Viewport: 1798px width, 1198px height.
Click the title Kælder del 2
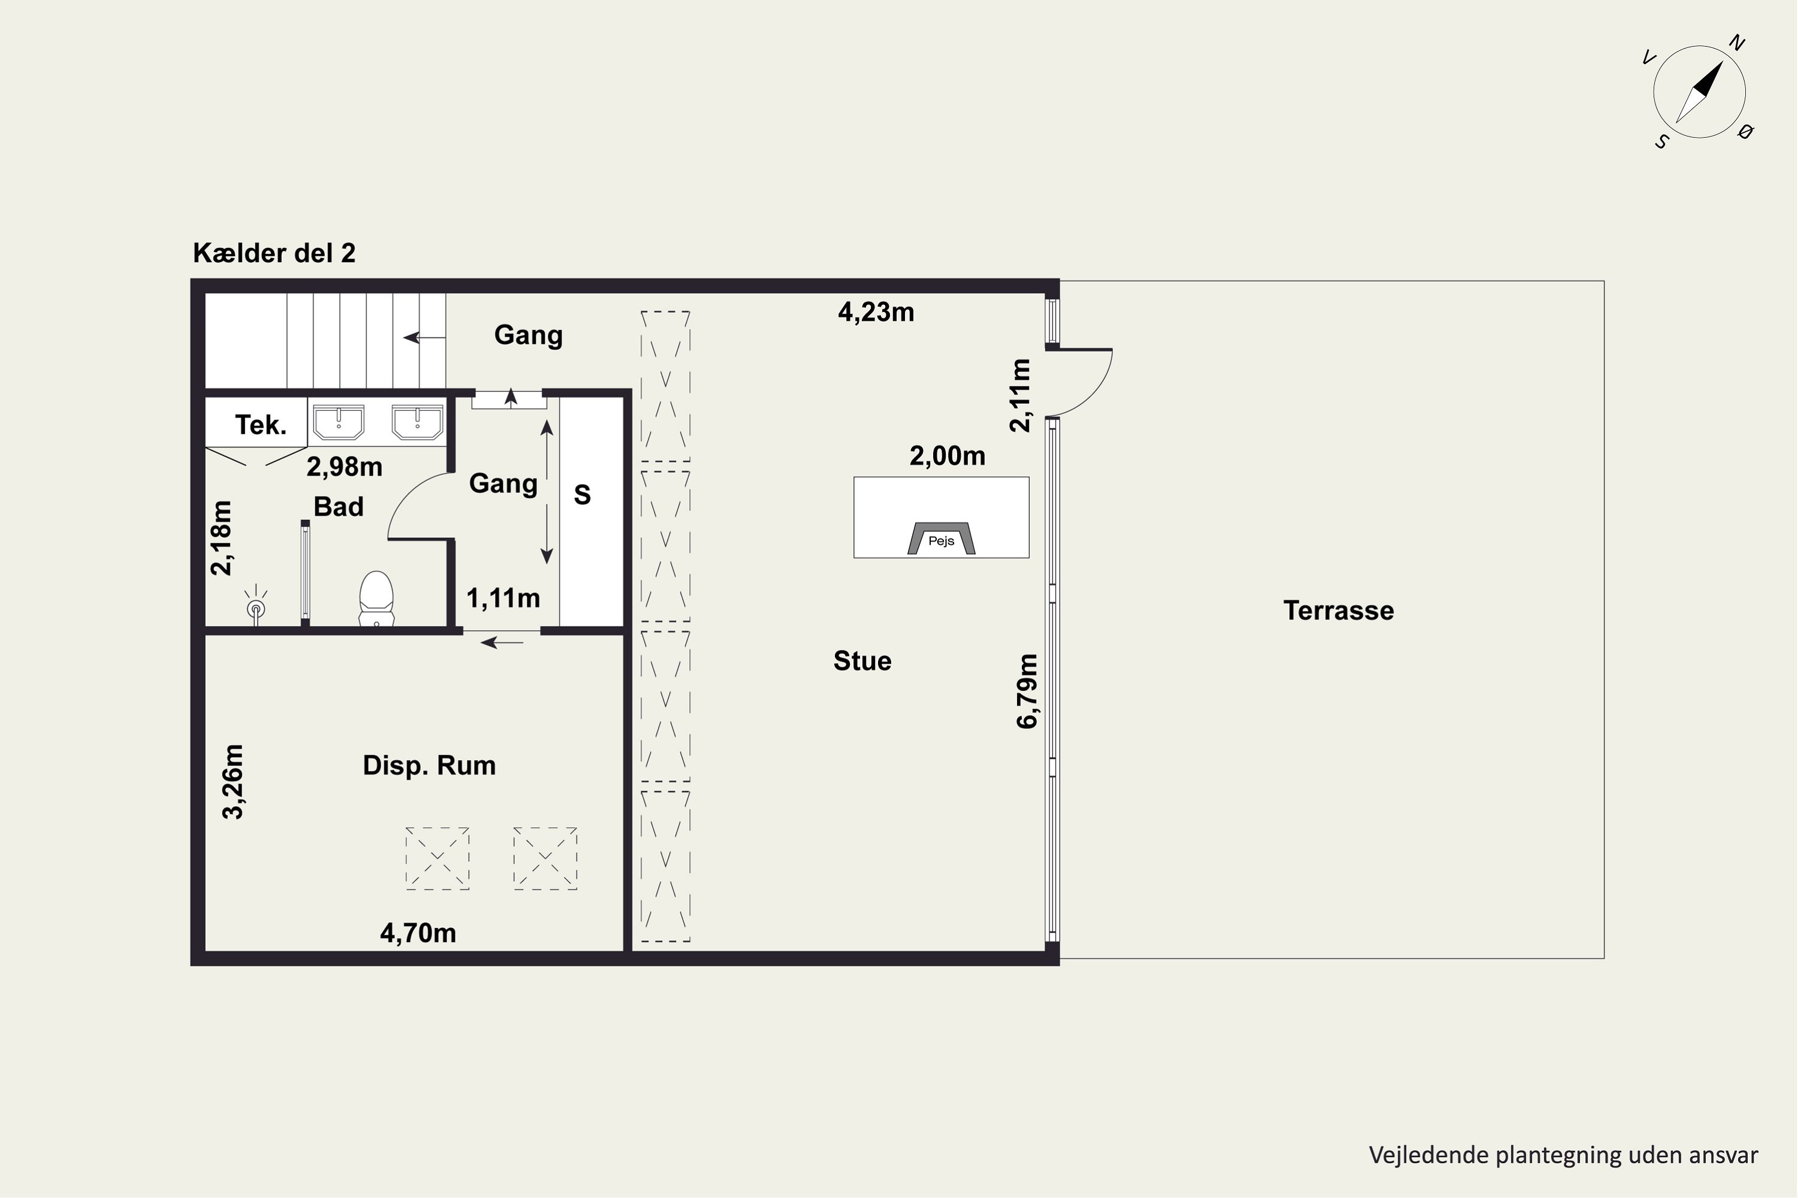pos(274,253)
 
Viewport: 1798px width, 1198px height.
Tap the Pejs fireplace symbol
pos(941,538)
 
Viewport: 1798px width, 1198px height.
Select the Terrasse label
pos(1338,610)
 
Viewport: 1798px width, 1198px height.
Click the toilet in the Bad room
pos(376,599)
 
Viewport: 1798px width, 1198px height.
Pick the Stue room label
pos(862,661)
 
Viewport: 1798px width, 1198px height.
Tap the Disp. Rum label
pos(429,766)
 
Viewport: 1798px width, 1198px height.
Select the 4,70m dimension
pos(418,933)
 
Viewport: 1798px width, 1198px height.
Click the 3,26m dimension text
pos(233,782)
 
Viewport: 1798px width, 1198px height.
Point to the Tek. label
pos(261,425)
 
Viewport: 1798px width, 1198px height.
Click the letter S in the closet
pos(583,495)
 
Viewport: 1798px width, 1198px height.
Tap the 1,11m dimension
pos(503,598)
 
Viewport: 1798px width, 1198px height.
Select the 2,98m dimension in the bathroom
pos(345,467)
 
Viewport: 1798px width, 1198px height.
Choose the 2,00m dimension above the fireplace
pos(947,456)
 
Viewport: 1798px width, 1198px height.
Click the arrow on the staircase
pos(424,337)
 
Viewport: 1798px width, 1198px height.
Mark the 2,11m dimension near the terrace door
pos(1021,396)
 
